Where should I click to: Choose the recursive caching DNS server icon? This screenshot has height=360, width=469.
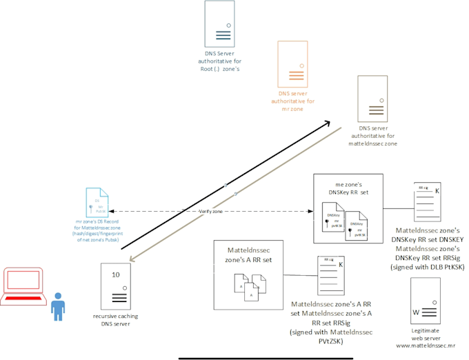[x=115, y=287]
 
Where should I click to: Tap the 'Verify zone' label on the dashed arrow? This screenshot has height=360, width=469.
[x=212, y=211]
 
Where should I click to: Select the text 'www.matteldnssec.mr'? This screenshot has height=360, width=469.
[x=423, y=345]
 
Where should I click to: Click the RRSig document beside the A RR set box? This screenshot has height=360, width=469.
[x=330, y=276]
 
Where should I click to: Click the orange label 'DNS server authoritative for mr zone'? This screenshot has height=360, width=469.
[x=292, y=101]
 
